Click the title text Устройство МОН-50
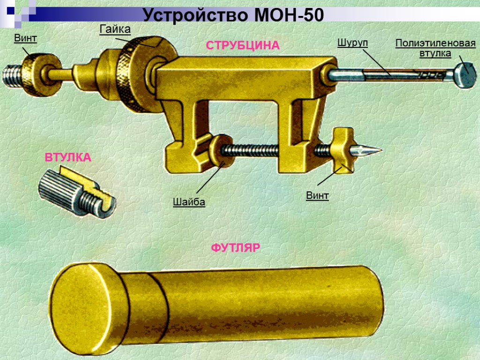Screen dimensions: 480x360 point(233,15)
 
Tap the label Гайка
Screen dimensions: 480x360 point(115,29)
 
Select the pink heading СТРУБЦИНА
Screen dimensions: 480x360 point(242,45)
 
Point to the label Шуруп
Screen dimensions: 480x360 point(352,43)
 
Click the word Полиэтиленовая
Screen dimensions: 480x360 point(435,44)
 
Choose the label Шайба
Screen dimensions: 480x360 point(189,202)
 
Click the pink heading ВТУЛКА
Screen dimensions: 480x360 point(68,157)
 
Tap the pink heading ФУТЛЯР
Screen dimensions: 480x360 point(235,247)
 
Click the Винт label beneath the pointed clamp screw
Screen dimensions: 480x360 point(317,195)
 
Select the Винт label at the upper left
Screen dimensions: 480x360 point(25,38)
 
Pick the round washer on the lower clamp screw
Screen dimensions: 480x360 point(220,150)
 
